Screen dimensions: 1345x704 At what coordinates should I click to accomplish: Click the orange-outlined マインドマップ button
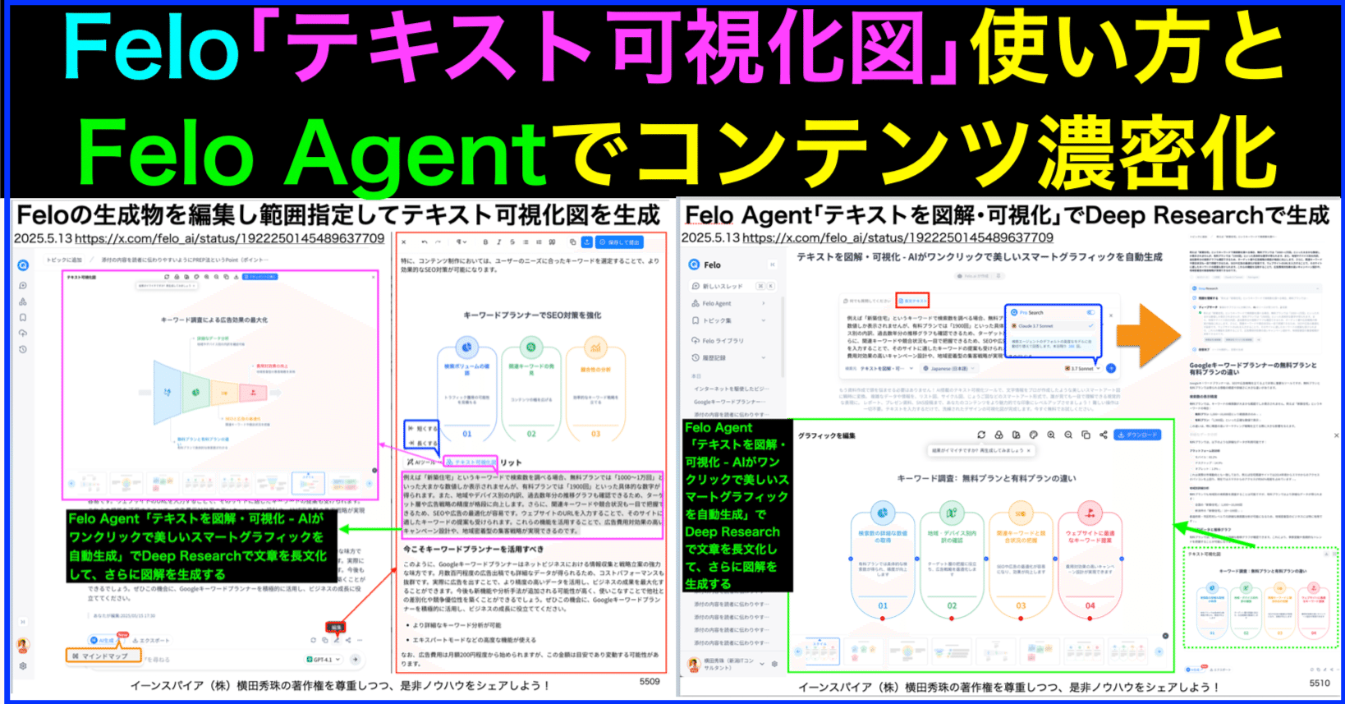pos(99,656)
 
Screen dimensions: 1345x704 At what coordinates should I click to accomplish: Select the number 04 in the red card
pos(1090,605)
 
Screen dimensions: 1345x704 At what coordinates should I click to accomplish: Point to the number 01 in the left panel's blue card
pos(466,434)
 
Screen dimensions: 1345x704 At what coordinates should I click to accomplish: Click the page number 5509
pos(650,681)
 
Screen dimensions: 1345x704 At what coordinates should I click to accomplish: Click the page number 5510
pos(1320,683)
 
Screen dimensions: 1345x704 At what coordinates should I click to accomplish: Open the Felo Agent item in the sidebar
pos(716,303)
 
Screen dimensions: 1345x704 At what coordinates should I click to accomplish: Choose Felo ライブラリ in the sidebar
pos(723,340)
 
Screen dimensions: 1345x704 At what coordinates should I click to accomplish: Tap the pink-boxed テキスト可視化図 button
pos(471,462)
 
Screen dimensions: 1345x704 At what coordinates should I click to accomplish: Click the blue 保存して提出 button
pos(620,242)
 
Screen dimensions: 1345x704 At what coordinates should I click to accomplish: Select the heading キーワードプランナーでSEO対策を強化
pos(532,315)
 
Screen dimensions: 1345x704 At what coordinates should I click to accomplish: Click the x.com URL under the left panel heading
pos(229,238)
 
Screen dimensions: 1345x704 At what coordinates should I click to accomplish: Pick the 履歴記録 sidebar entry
pos(714,358)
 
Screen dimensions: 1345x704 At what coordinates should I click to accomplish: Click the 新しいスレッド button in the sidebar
pos(722,286)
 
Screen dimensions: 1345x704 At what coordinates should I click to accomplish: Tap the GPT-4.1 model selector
pos(323,660)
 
